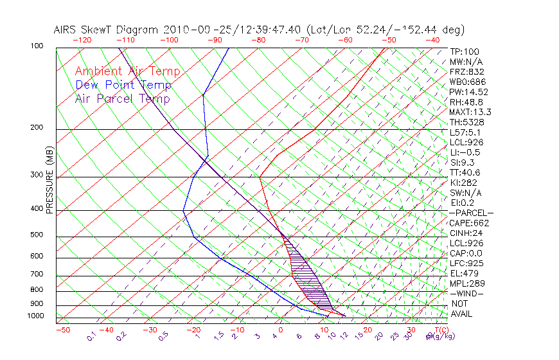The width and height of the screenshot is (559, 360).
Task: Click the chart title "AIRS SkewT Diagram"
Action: click(x=107, y=30)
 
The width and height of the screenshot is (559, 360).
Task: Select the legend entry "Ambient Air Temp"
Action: click(x=127, y=72)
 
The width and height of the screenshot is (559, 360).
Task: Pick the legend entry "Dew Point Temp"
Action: click(x=123, y=85)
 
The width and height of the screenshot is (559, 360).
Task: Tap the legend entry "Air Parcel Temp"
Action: click(x=122, y=99)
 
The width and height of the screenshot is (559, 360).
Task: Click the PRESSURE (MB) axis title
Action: click(x=49, y=179)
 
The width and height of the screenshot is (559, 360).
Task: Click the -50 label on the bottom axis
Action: click(x=62, y=330)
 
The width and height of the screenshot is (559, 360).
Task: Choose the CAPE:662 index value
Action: click(x=469, y=223)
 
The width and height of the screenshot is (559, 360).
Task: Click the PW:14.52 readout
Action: click(x=468, y=92)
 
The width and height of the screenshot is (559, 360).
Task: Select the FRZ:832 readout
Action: click(x=467, y=72)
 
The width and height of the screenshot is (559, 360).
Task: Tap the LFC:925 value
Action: click(x=466, y=264)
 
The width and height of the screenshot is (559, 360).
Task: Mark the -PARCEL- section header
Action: click(x=471, y=213)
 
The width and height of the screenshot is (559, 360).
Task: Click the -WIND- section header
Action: click(x=466, y=293)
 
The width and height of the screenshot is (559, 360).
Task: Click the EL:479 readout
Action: click(x=465, y=273)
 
